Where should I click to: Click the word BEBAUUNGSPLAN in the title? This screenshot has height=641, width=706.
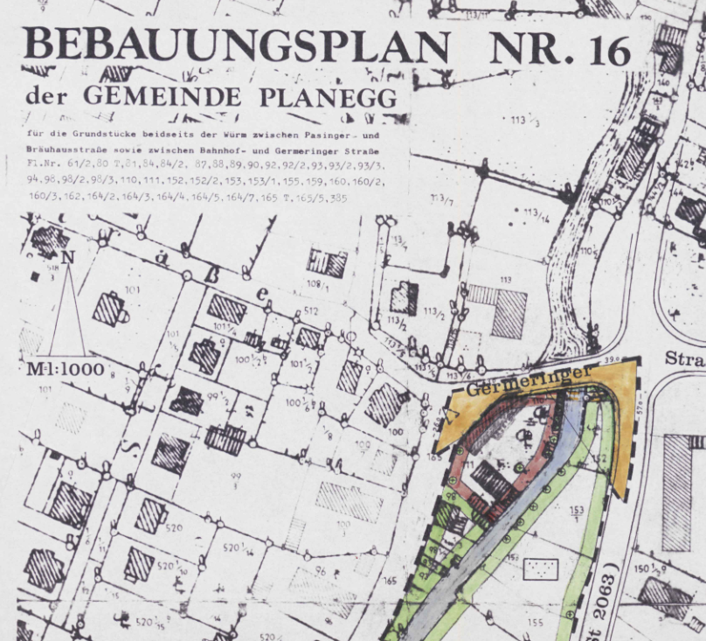click(x=238, y=46)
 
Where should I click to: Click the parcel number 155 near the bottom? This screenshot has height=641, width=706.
click(x=536, y=623)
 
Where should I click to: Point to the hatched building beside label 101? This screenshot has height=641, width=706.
click(x=111, y=309)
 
